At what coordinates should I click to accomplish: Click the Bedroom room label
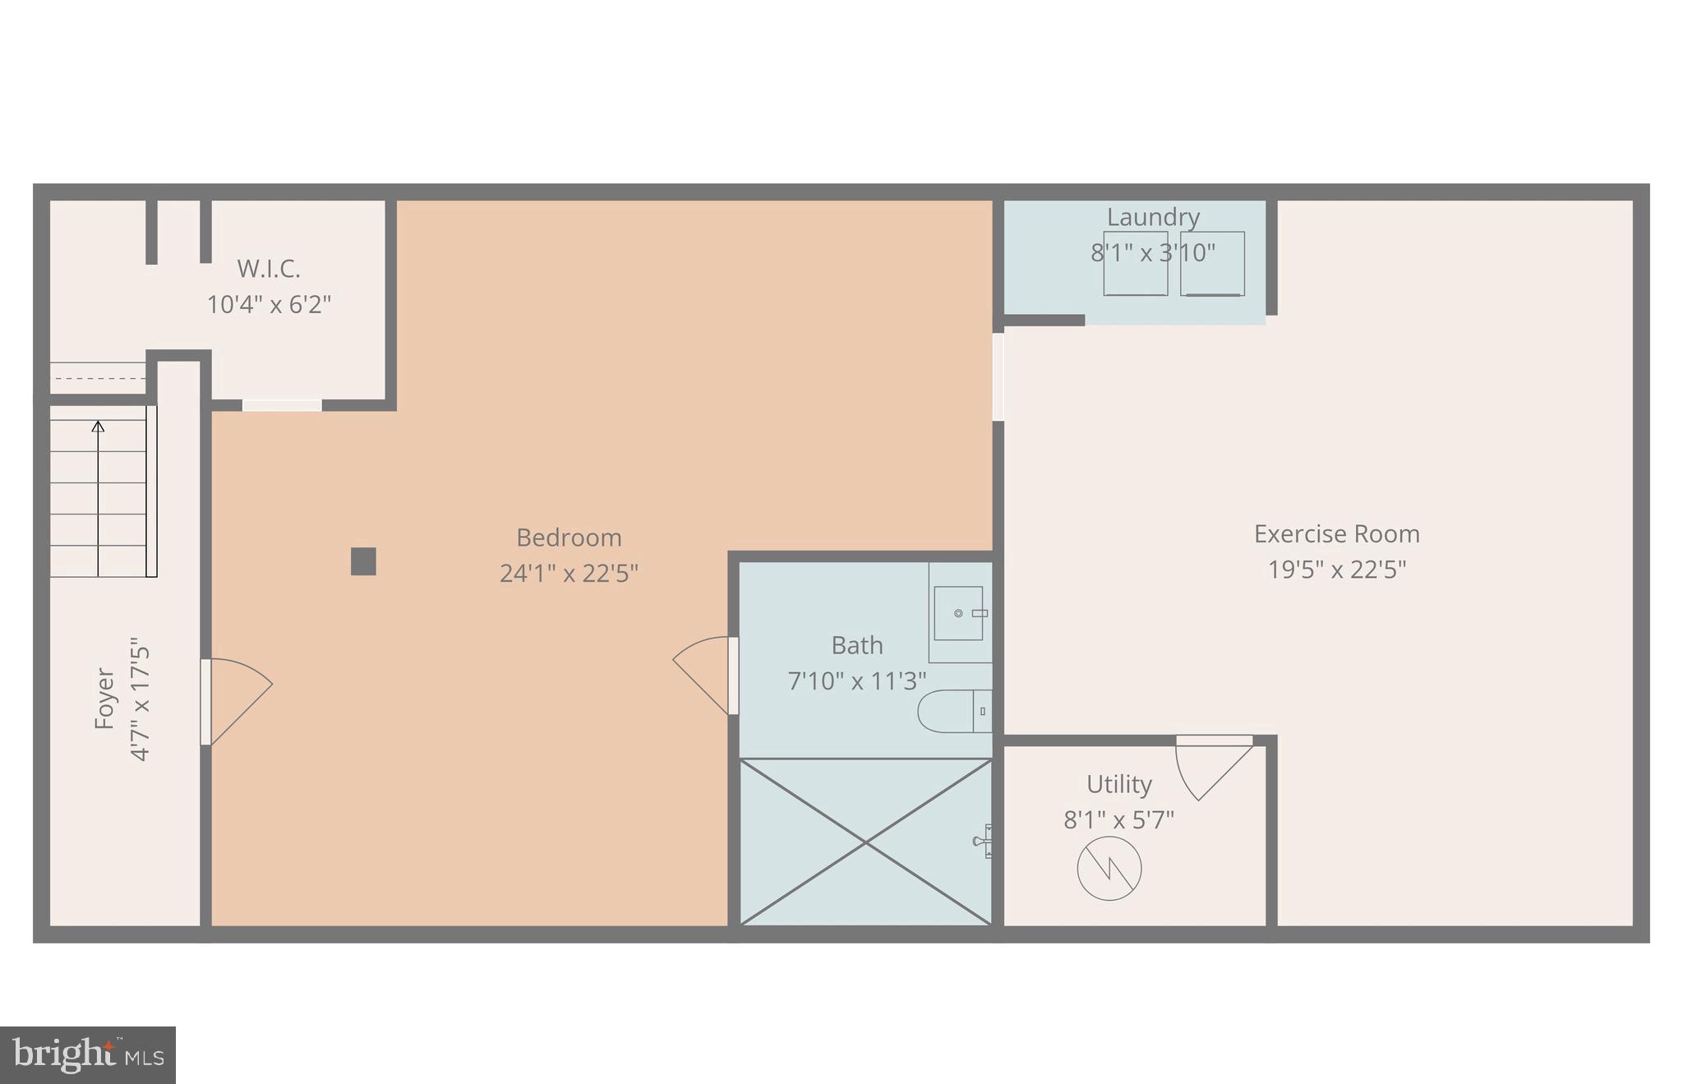(569, 537)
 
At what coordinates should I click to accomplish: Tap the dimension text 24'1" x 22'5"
(569, 573)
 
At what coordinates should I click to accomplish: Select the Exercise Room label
(1336, 534)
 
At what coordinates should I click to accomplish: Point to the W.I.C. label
(269, 269)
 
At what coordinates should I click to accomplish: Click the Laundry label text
(1153, 217)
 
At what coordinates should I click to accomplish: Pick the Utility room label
(1118, 784)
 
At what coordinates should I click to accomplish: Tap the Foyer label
(104, 699)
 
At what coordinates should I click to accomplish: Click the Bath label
(857, 645)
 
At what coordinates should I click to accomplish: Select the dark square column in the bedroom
(363, 561)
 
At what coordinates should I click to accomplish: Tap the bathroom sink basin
(958, 613)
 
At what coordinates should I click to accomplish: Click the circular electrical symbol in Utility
(1109, 869)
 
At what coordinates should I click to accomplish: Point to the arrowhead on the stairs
(98, 426)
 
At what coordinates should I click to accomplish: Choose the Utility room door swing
(1213, 768)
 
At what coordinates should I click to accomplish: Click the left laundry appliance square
(1135, 264)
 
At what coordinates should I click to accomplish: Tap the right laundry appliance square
(1212, 264)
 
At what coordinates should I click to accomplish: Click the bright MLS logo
(88, 1055)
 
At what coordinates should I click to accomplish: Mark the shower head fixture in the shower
(983, 842)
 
